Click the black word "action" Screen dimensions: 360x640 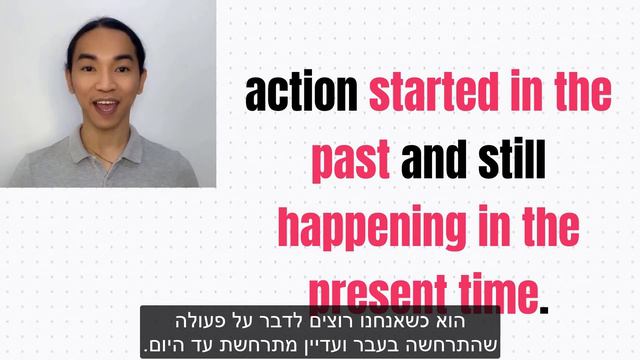[x=301, y=93]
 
